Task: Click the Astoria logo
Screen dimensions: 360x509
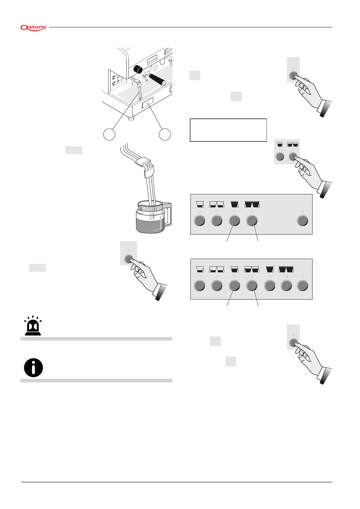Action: [x=34, y=28]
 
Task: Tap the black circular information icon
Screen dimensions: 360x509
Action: [x=33, y=368]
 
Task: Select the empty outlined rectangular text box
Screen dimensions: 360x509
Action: [x=228, y=130]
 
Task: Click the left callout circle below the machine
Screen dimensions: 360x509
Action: [x=109, y=134]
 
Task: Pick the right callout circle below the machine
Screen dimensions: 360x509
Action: [x=165, y=134]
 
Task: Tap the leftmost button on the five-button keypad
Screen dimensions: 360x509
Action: [x=199, y=221]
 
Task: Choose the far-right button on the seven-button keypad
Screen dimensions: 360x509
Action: [x=303, y=285]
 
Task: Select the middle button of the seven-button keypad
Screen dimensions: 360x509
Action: [x=252, y=285]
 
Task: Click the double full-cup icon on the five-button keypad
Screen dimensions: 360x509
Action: [x=252, y=204]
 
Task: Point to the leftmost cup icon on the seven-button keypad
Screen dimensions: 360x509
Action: [x=199, y=269]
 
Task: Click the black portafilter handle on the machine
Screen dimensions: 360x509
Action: [x=157, y=79]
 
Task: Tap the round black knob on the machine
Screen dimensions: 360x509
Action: [x=138, y=69]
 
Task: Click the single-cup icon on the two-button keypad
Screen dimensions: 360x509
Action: [x=280, y=144]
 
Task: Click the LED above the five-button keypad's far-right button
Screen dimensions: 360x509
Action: [x=303, y=211]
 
